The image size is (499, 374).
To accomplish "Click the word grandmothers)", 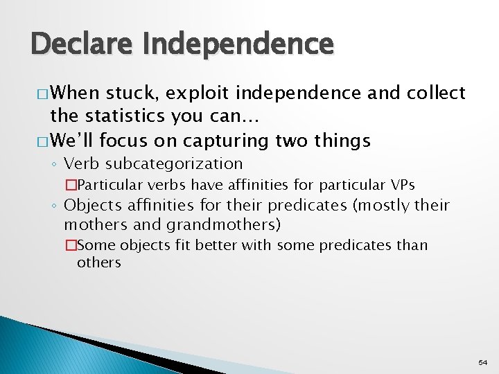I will [x=221, y=224].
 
